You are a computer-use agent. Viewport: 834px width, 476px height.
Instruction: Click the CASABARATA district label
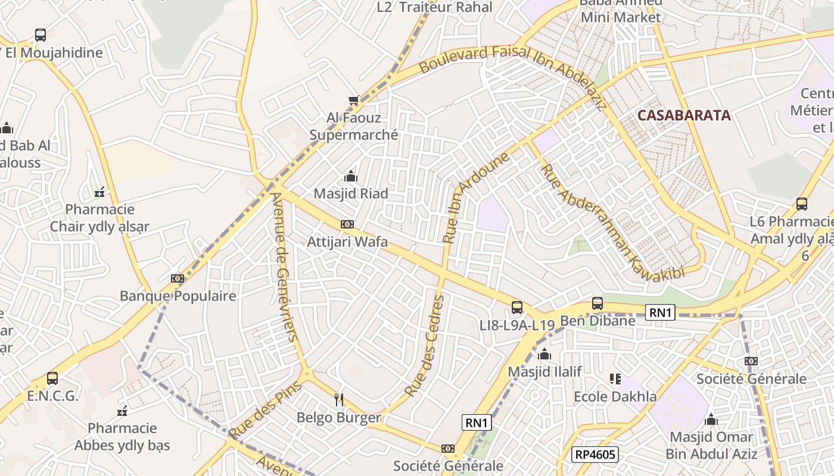point(684,115)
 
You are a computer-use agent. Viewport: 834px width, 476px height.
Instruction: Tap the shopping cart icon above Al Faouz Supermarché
point(353,100)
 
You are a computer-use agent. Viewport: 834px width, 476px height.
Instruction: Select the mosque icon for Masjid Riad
point(351,176)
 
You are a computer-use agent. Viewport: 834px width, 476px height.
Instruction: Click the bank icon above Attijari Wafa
point(347,224)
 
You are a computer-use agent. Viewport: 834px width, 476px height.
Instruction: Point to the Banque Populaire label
point(178,296)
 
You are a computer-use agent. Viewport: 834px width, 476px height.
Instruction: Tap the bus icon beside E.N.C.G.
point(52,378)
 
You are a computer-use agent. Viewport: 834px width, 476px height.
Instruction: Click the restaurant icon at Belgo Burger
point(339,400)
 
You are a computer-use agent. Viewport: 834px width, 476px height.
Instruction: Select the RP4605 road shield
point(596,455)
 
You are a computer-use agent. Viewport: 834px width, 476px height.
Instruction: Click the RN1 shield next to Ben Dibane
point(660,312)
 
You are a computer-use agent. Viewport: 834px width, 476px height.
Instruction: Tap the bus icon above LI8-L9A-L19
point(517,308)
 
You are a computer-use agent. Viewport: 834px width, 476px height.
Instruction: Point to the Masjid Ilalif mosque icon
point(544,355)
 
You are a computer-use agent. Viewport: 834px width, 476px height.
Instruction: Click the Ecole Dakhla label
point(615,396)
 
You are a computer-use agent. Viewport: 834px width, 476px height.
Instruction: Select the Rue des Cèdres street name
point(425,347)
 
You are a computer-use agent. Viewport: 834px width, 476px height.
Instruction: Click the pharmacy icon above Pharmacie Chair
point(100,192)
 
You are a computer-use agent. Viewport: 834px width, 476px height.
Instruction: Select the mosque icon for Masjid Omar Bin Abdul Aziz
point(711,420)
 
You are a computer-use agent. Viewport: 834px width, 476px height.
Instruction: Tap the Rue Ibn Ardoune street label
point(477,198)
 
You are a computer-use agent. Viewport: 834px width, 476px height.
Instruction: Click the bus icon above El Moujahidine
point(41,35)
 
